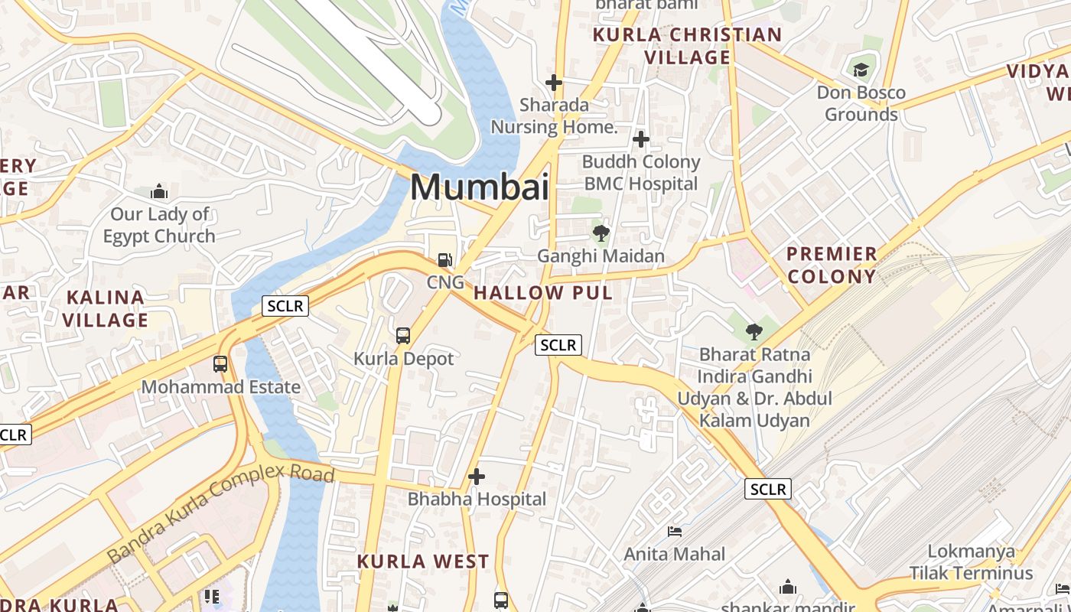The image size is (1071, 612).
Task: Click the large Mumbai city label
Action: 480,187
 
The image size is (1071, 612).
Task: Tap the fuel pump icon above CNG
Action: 444,260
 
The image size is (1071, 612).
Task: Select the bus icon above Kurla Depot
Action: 403,335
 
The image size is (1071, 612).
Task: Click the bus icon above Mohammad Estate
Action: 220,363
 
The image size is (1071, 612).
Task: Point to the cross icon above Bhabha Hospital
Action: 477,477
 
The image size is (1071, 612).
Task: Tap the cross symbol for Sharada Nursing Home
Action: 554,82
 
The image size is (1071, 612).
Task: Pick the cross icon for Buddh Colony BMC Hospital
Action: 641,139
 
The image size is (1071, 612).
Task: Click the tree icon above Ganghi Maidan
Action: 601,233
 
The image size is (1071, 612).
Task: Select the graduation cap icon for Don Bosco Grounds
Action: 861,70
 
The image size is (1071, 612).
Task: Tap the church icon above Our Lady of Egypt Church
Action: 159,191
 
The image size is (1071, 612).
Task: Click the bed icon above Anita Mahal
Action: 674,531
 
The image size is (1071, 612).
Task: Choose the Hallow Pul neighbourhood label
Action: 543,293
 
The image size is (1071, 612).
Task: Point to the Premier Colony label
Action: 832,265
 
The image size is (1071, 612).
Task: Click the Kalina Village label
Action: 105,308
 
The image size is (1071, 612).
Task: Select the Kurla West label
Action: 423,562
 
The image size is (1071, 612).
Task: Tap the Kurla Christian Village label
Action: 687,46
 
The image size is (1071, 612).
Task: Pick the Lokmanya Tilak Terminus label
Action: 971,562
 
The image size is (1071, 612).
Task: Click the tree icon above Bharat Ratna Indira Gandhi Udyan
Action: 754,332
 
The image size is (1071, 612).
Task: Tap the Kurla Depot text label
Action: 403,359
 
